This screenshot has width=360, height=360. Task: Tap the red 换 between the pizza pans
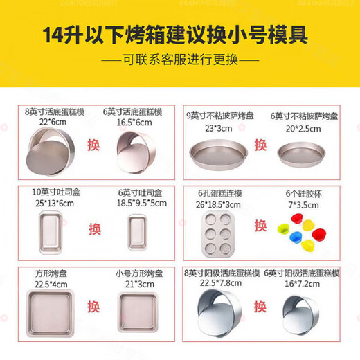coord(260,145)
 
